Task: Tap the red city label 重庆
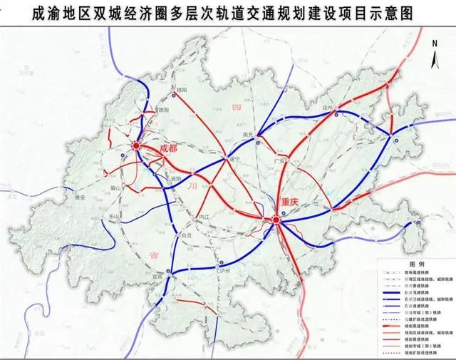coord(292,202)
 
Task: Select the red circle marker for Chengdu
coord(137,147)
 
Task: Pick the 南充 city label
coord(249,133)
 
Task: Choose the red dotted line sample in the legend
coord(393,353)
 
